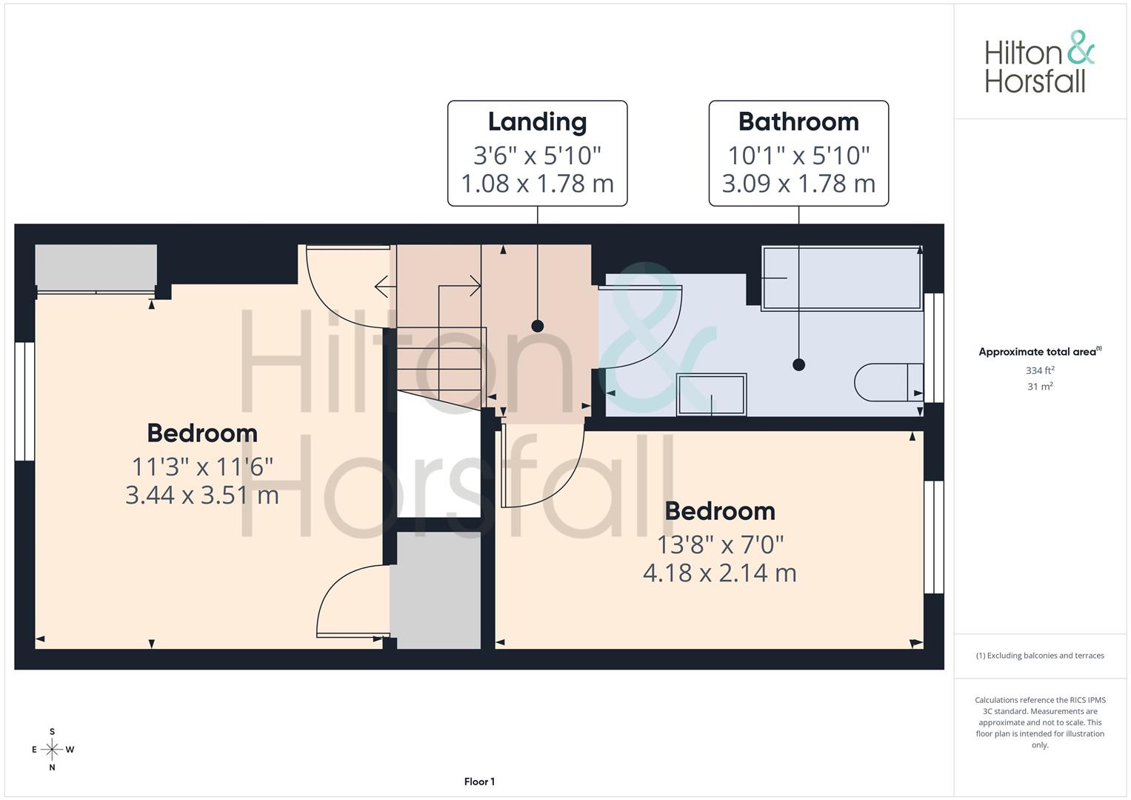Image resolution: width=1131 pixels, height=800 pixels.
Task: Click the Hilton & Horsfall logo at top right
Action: tap(1039, 62)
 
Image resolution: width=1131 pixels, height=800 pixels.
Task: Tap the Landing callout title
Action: tap(537, 122)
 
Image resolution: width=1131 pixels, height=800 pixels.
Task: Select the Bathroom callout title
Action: tap(798, 121)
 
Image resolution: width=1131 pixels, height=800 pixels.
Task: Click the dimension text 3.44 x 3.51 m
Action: tap(201, 495)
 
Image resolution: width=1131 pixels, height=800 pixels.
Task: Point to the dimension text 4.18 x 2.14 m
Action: tap(719, 573)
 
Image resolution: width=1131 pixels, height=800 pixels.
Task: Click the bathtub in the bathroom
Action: tap(841, 277)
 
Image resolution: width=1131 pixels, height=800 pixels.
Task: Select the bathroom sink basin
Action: tap(711, 394)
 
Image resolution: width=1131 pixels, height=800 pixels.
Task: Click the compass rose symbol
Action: tap(52, 750)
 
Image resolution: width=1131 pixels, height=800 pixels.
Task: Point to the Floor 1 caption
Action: tap(479, 781)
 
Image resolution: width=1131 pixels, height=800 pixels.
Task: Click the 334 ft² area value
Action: tap(1040, 370)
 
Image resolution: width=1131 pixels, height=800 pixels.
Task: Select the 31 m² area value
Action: tap(1040, 387)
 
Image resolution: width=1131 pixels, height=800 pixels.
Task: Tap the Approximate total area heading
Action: tap(1039, 352)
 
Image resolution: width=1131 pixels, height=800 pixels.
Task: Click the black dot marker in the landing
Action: tap(538, 326)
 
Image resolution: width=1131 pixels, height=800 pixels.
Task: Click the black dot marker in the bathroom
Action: tap(798, 364)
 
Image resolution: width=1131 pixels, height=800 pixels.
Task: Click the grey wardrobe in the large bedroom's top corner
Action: tap(96, 267)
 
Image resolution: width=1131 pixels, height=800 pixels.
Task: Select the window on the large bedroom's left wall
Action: tap(24, 401)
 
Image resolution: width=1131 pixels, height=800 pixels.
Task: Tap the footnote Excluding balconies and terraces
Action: tap(1040, 656)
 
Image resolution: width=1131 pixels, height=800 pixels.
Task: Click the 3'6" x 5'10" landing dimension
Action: tap(537, 156)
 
